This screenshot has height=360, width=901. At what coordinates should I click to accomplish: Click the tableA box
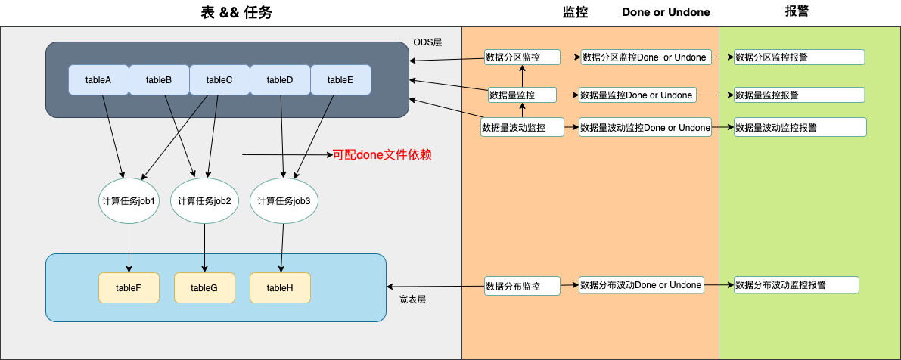click(x=98, y=80)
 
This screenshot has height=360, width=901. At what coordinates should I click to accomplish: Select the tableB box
click(x=159, y=80)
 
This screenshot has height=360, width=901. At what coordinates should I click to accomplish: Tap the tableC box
click(x=219, y=80)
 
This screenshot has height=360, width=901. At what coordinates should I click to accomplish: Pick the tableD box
click(x=280, y=80)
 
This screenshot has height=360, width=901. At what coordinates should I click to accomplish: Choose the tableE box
click(x=340, y=80)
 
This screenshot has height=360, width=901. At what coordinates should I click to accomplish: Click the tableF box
click(x=129, y=287)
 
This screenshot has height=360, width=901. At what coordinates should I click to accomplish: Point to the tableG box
click(x=204, y=287)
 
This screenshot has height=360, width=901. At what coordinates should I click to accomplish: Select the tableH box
click(x=280, y=287)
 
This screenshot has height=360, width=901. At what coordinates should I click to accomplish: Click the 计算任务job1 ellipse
click(x=129, y=201)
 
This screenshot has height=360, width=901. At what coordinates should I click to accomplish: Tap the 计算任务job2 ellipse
click(x=204, y=201)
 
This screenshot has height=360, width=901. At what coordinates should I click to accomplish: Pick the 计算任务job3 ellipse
click(x=284, y=201)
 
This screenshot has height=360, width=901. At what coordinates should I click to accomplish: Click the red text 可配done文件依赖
click(x=382, y=155)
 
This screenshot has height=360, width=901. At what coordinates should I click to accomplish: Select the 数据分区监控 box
click(x=522, y=57)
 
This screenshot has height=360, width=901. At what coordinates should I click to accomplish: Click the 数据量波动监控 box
click(x=523, y=128)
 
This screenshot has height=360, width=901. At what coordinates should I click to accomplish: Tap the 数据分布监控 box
click(x=522, y=286)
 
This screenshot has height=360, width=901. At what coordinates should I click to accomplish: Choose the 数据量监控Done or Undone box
click(x=637, y=95)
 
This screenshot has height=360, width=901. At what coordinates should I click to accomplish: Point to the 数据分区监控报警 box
click(x=799, y=57)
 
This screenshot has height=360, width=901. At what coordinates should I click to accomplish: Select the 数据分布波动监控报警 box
click(x=797, y=285)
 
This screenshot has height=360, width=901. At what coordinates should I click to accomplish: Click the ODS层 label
click(x=427, y=41)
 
